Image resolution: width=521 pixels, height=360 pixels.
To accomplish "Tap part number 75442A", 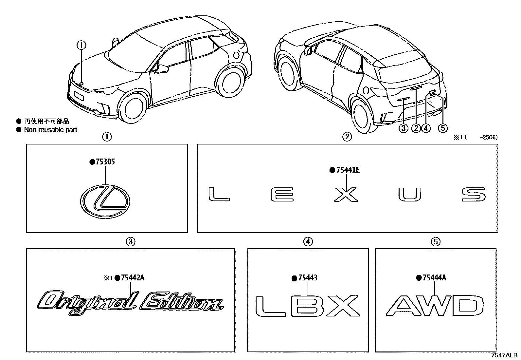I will tap(132, 278).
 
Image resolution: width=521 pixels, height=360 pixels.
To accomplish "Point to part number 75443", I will tap(308, 278).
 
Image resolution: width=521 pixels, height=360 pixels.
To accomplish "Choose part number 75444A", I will tap(434, 278).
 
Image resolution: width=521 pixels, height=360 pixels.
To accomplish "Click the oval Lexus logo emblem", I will tap(105, 201).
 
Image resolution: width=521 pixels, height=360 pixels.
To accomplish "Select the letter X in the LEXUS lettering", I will tap(346, 194).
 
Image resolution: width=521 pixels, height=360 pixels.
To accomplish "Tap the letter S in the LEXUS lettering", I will tap(474, 194).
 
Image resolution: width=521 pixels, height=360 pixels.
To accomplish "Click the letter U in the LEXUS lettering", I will tap(410, 194).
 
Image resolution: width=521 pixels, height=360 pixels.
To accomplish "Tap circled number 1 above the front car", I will tap(81, 45).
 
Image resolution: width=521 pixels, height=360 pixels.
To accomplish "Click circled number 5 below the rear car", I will tap(442, 128).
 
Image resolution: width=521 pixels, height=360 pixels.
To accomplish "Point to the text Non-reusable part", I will tap(50, 130).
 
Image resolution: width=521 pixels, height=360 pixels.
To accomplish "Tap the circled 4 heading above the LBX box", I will tap(308, 242).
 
